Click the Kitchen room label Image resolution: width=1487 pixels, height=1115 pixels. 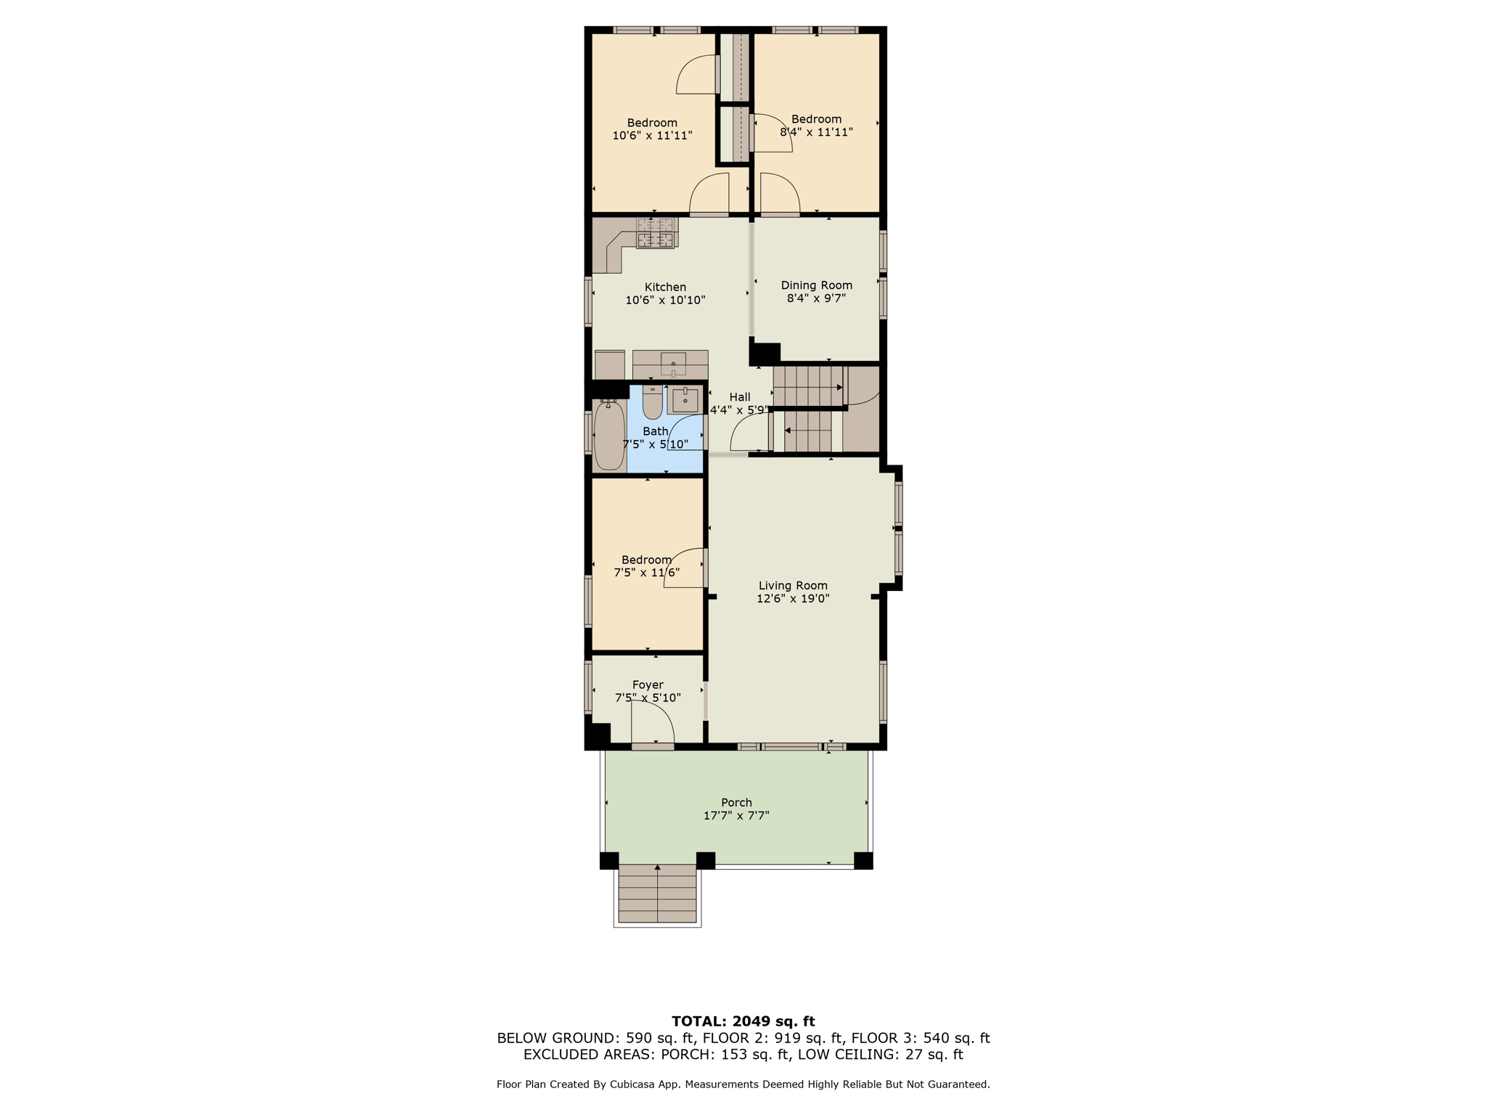665,287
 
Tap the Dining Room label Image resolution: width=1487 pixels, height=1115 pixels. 816,285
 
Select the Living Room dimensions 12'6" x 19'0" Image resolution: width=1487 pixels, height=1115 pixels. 793,599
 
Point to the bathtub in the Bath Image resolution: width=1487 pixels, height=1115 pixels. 608,436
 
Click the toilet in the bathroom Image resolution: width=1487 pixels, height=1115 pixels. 653,404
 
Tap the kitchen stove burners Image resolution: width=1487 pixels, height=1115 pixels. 656,233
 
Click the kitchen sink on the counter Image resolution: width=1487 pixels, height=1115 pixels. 673,363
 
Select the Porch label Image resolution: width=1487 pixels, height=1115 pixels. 736,802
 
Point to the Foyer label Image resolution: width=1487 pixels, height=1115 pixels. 648,685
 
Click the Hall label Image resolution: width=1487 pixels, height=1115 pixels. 740,397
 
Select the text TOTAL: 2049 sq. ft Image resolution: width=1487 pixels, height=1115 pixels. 743,1021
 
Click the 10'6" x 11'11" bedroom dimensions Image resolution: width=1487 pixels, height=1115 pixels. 652,136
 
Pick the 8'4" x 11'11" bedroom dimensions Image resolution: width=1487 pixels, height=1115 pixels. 816,132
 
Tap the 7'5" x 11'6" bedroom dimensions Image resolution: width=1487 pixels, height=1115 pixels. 647,573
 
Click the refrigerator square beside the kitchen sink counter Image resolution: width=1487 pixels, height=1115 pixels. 609,365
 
